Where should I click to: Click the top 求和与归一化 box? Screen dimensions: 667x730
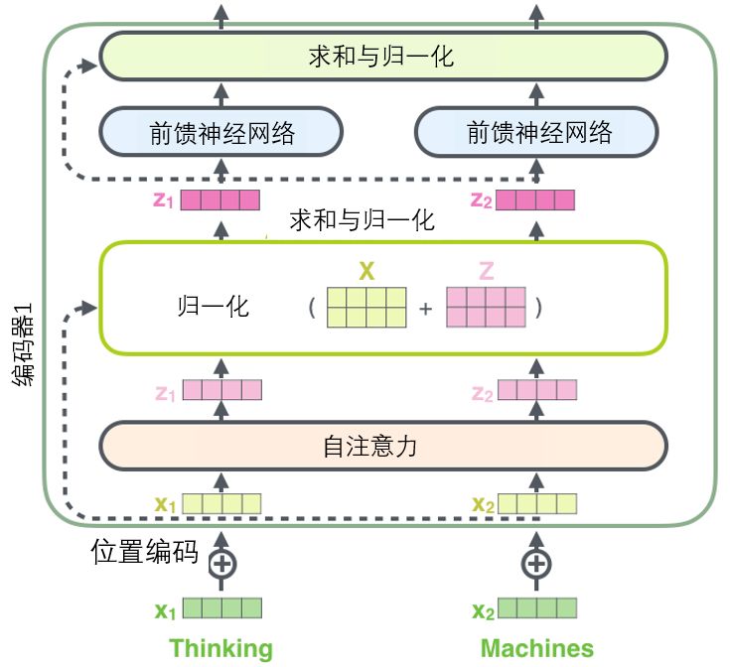tap(382, 56)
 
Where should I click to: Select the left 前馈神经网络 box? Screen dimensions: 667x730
tap(221, 133)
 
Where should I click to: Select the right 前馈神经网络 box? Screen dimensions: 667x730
tap(536, 133)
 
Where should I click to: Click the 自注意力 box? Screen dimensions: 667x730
tap(382, 447)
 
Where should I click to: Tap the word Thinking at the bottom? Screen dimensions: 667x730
tap(220, 649)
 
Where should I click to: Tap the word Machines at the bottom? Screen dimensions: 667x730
tap(536, 649)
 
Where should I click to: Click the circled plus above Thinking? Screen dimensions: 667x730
tap(221, 564)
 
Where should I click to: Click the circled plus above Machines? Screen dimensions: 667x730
tap(536, 564)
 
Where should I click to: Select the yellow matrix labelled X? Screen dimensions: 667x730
tap(366, 307)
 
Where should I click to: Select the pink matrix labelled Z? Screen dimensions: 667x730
tap(485, 307)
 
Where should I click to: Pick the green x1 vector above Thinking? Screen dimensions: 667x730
tap(221, 608)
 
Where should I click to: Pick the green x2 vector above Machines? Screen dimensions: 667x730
tap(536, 608)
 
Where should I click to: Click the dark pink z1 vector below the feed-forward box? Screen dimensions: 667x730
tap(220, 200)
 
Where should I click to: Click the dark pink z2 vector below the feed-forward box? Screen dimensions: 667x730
tap(536, 200)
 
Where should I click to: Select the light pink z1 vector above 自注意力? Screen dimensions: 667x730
tap(221, 392)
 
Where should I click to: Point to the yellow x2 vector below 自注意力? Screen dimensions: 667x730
tap(536, 503)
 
